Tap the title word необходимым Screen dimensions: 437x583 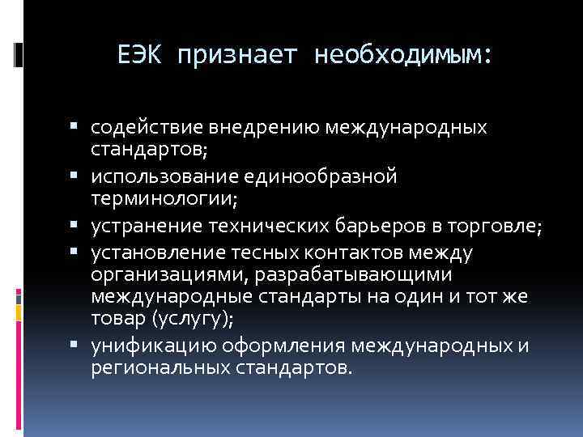[402, 55]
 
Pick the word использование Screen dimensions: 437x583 [157, 177]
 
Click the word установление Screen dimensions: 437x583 [149, 253]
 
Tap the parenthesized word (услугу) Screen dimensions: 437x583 [194, 319]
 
